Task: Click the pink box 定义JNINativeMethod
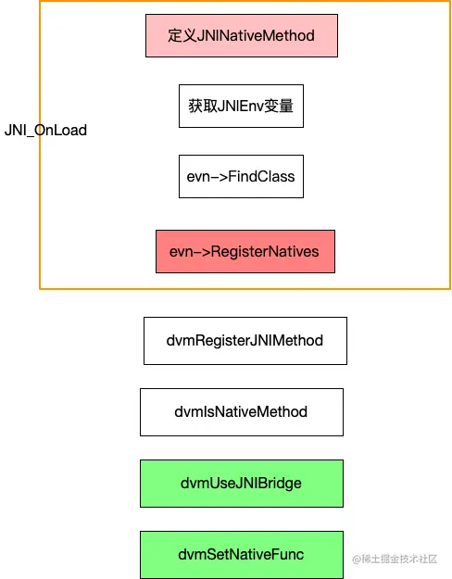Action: (241, 36)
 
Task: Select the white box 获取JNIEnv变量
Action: (241, 106)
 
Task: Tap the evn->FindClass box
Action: (241, 176)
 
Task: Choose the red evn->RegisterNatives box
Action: (245, 251)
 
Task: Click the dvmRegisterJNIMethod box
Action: (245, 340)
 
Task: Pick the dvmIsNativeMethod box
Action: (241, 411)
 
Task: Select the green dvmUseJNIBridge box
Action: (241, 483)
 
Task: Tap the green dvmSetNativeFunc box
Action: (241, 554)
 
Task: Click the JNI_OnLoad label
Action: (45, 131)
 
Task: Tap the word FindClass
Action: (263, 176)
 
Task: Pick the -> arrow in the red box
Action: (207, 251)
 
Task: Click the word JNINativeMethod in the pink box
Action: (256, 36)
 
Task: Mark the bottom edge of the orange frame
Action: (245, 289)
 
